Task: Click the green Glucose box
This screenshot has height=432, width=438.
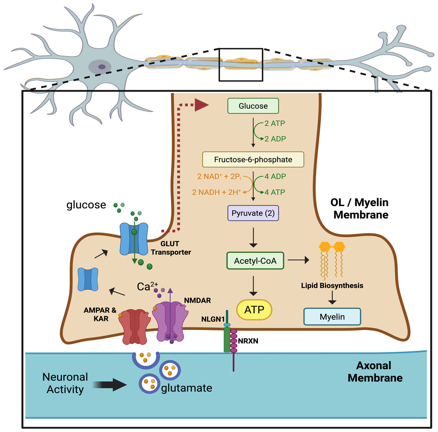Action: point(253,106)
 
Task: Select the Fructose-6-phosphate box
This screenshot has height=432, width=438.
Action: point(253,160)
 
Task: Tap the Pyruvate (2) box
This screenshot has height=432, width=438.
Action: point(253,213)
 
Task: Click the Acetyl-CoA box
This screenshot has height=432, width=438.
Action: point(255,261)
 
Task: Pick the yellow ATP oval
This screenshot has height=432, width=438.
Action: point(254,310)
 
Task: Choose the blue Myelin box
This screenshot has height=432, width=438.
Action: point(332,317)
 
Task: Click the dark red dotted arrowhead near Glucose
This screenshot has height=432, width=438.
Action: point(201,105)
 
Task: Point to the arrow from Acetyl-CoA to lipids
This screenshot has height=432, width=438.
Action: point(298,260)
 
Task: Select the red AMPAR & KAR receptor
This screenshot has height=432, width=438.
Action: point(134,326)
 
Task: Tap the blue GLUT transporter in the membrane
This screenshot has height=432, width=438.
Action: point(134,239)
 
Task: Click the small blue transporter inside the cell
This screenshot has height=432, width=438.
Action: point(88,279)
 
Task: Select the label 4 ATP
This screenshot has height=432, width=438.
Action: point(275,192)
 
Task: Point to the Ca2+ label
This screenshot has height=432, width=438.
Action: point(147,286)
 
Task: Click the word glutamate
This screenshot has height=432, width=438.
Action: point(186,388)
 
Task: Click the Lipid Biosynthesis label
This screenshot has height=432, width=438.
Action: point(332,285)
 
